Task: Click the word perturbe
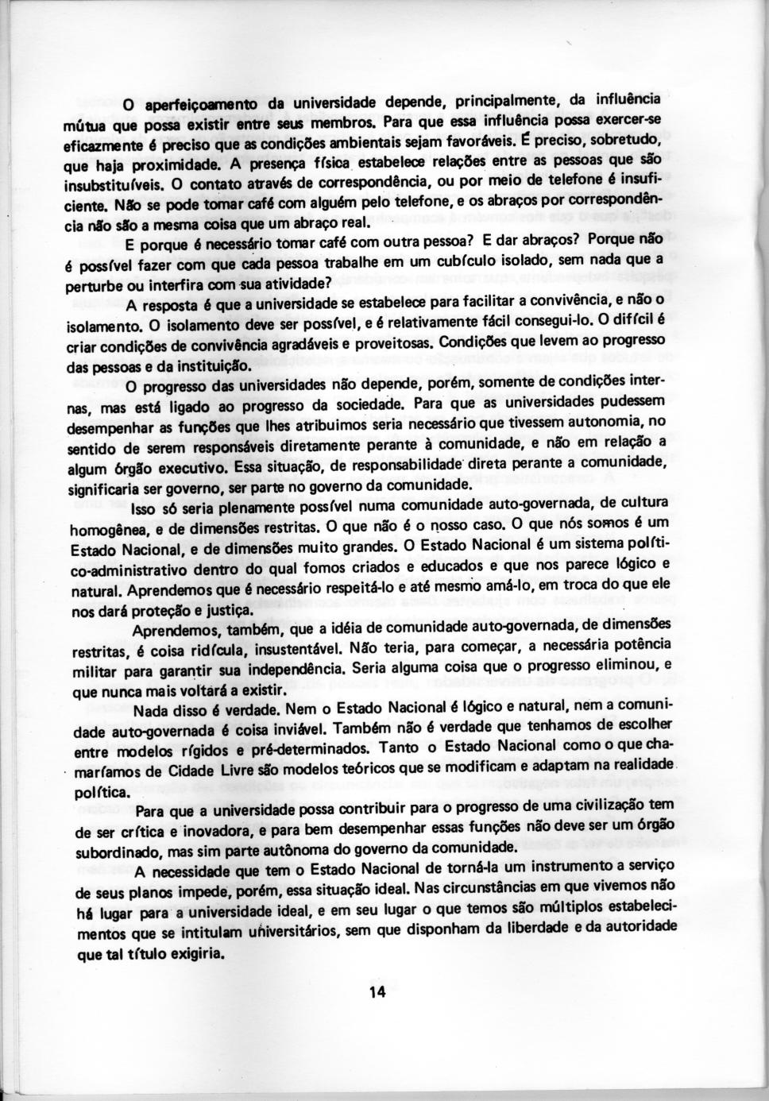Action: [x=95, y=284]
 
